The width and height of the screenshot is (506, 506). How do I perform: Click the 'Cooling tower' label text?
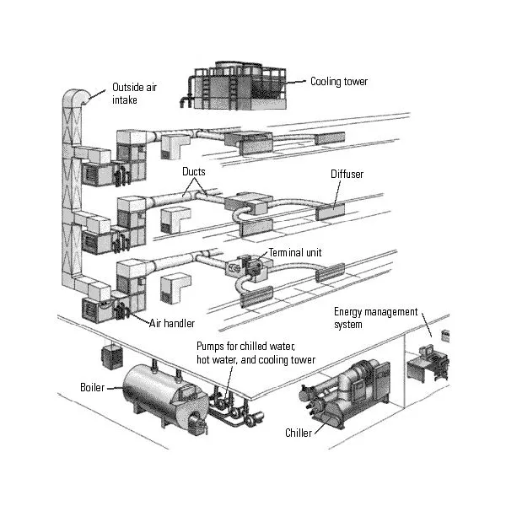[x=339, y=82]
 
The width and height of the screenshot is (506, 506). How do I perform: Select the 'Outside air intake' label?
[x=135, y=92]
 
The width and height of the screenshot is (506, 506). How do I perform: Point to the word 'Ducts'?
[x=194, y=171]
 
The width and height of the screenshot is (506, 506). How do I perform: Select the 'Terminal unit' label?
[x=296, y=252]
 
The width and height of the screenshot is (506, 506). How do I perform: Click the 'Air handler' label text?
[x=172, y=323]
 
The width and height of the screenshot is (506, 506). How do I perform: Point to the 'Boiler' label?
[x=92, y=387]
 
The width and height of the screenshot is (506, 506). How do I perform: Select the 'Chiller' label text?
[x=298, y=433]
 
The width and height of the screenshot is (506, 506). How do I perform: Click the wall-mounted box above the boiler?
[x=109, y=355]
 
